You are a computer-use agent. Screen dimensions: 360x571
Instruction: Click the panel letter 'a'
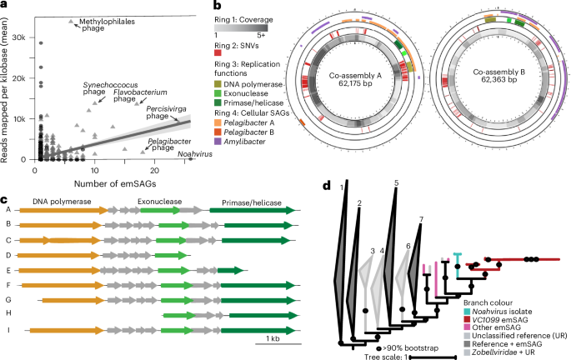(6, 6)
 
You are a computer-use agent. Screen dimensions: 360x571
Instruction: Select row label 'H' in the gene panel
(7, 315)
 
